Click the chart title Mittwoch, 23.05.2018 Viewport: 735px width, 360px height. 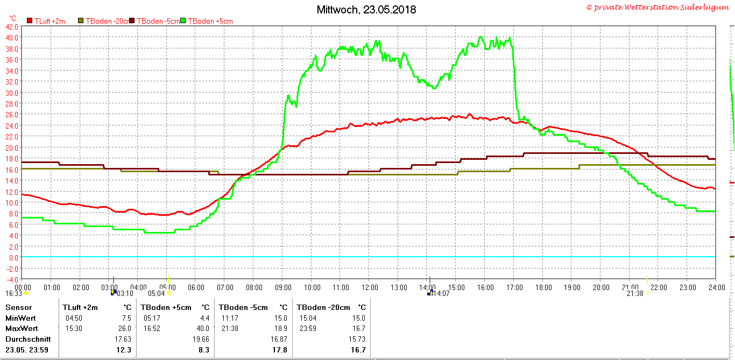366,10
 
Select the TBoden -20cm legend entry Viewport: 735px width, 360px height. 104,21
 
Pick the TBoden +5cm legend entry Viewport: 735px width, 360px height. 210,21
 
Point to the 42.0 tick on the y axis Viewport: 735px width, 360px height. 12,26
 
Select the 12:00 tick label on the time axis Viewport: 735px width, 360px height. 370,287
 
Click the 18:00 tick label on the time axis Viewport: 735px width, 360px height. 543,287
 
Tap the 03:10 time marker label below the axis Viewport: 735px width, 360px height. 125,293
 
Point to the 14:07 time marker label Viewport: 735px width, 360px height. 442,293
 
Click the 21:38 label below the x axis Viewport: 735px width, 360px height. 635,293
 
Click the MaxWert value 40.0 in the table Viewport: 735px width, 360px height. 202,328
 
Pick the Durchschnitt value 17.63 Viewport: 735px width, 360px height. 122,339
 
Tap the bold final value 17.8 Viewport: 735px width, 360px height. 280,350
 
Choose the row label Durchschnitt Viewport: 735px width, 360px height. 28,339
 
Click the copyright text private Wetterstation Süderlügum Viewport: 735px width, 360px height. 658,8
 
